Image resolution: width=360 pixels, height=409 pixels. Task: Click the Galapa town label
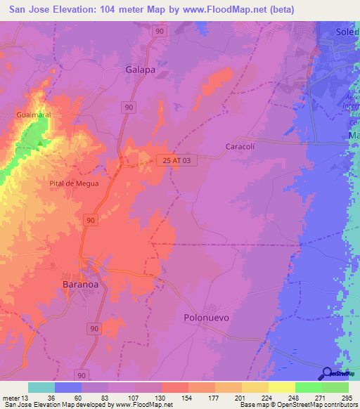click(x=140, y=70)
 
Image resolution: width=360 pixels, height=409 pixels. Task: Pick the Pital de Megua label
click(x=73, y=183)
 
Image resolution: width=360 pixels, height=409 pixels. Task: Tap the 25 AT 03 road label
click(x=176, y=160)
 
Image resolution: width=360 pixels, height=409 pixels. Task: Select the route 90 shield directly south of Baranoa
click(x=95, y=328)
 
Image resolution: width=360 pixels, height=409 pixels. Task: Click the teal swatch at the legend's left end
click(x=41, y=387)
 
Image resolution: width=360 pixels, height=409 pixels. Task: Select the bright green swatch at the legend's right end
click(x=335, y=387)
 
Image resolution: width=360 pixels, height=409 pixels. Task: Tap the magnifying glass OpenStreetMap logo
click(x=327, y=375)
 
